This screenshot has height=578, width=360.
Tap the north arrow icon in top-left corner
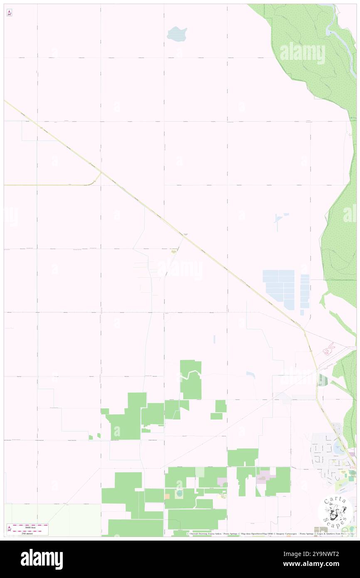coord(9,13)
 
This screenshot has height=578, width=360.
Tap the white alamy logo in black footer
coord(42,559)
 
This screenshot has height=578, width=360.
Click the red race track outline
coord(330,349)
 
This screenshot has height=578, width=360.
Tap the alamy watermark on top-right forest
coord(302,53)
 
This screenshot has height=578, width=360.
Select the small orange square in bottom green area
coord(167,496)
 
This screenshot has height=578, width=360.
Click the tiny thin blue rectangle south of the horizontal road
coord(215,339)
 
